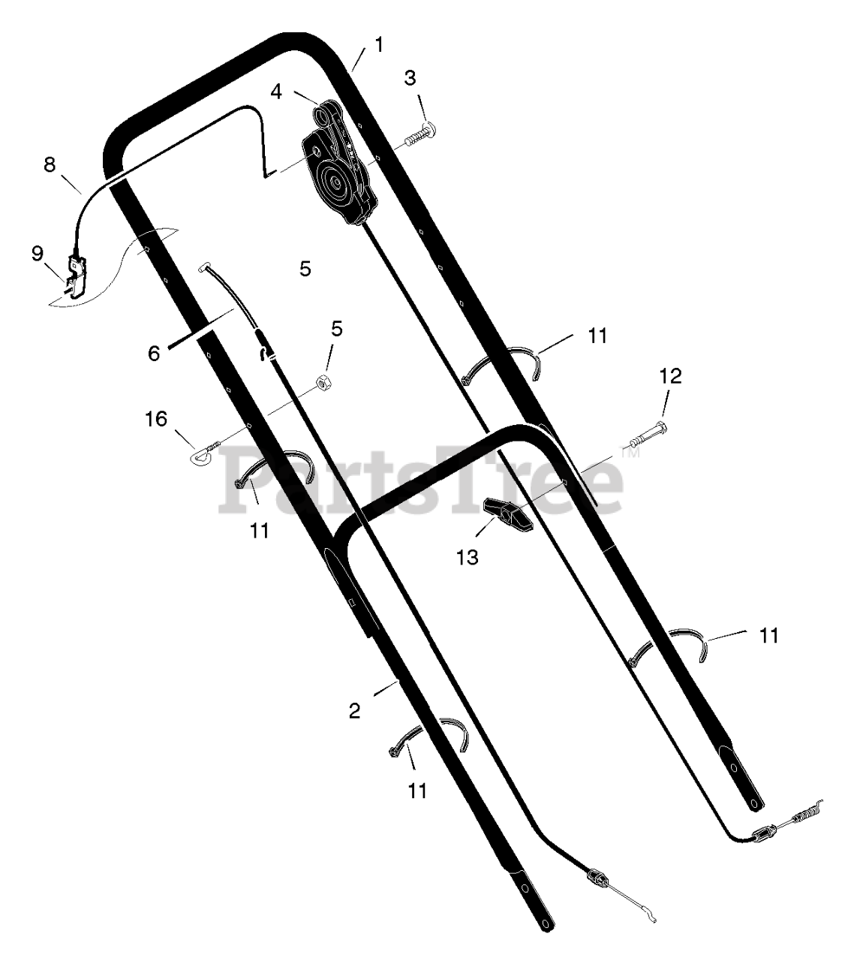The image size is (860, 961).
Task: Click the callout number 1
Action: [379, 45]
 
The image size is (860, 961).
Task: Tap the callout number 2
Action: [355, 711]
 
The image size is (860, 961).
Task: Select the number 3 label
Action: [410, 78]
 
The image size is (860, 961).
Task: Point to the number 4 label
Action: [277, 92]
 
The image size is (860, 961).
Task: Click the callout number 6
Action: [154, 353]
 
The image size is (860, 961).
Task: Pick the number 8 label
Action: [50, 165]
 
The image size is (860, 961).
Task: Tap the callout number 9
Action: [38, 254]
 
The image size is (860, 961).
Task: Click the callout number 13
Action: [468, 557]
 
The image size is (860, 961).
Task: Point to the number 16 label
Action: [156, 419]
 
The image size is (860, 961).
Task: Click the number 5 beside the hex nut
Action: [337, 328]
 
